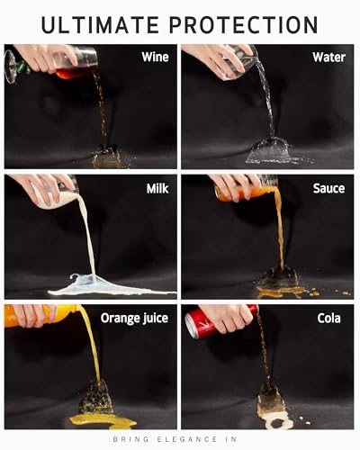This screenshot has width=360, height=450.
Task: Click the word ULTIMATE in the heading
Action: click(100, 24)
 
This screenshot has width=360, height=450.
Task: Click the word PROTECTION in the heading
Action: click(244, 24)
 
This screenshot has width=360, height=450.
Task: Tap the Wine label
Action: click(155, 57)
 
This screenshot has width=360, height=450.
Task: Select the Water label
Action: click(328, 57)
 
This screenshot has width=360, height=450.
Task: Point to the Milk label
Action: click(157, 188)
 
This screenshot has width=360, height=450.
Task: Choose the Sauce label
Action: click(328, 188)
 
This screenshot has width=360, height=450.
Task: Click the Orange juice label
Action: click(134, 319)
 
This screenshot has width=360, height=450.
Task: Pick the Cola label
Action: click(328, 319)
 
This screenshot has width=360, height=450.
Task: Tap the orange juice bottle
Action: click(42, 315)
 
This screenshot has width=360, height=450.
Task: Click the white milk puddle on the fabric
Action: click(111, 286)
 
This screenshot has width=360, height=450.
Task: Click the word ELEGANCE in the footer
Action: click(187, 439)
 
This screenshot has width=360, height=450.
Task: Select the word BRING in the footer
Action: click(130, 439)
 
